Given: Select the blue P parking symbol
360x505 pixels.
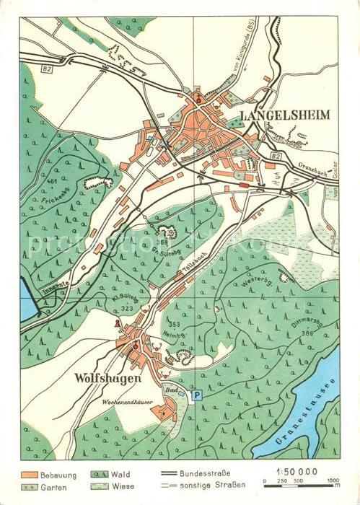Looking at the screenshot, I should [197, 395].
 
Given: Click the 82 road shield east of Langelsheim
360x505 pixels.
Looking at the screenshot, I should [276, 156].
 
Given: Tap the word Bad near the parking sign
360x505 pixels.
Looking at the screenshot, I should [172, 389].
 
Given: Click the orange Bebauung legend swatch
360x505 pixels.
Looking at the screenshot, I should [30, 474].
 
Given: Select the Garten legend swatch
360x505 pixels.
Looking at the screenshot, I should [30, 487].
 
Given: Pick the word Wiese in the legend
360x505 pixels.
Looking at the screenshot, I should [126, 487].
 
